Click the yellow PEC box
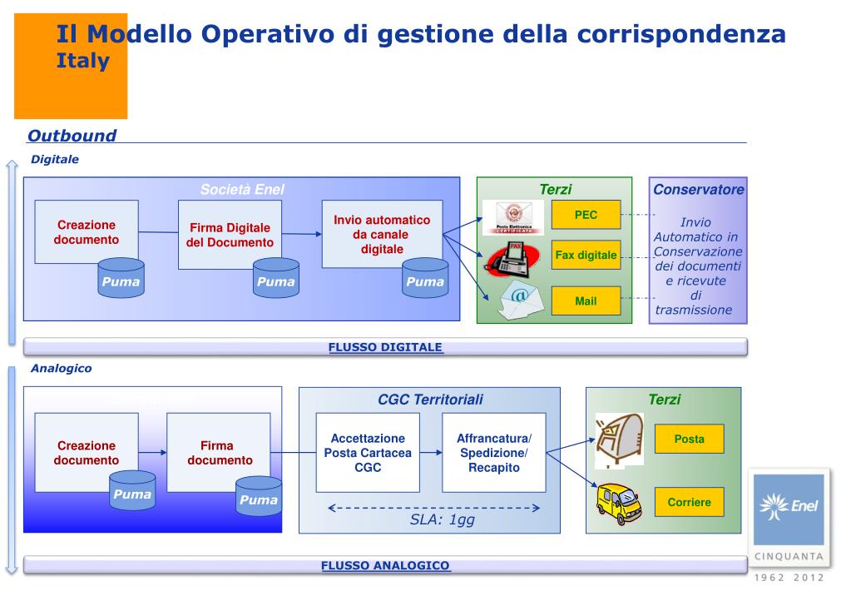pos(586,215)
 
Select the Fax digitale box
pos(586,256)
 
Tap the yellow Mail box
pos(586,300)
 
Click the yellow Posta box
pos(689,439)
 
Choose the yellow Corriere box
pos(689,502)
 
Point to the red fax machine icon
pos(507,260)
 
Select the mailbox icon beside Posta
pos(620,439)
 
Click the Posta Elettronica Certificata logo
pos(513,216)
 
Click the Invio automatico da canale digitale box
pos(382,234)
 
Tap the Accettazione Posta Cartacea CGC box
pos(368,452)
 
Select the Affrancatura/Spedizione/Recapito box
pos(493,452)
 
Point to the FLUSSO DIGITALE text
pos(385,347)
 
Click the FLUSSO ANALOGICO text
pos(385,566)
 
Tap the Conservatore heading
pos(698,190)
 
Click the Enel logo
pos(786,509)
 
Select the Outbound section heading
pos(72,136)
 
